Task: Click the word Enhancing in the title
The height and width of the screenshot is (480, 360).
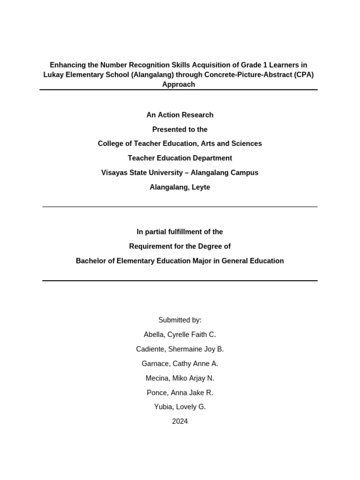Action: point(67,65)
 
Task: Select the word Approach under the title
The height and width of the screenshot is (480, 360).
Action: point(178,84)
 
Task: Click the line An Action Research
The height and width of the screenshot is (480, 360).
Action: point(180,115)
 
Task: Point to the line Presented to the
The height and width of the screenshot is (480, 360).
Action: point(180,129)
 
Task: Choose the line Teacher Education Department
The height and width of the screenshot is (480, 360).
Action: point(180,158)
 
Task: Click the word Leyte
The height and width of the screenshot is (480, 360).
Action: point(199,187)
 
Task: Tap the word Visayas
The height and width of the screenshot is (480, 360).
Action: point(115,172)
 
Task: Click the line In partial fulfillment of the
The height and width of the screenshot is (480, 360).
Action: point(180,232)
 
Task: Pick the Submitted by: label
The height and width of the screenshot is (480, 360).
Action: point(180,320)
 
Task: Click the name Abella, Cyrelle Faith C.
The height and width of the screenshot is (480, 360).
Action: point(180,335)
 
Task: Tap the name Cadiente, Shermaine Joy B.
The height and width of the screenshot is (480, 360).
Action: point(180,349)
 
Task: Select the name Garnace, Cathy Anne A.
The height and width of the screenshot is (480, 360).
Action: point(180,364)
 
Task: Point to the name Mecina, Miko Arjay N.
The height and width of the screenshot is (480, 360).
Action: point(180,378)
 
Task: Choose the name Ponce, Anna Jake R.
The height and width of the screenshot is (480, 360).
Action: point(180,393)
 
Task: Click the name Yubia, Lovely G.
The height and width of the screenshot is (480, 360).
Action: point(180,407)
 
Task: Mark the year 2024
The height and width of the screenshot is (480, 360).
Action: point(180,421)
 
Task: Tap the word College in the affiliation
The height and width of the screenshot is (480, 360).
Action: point(111,143)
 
